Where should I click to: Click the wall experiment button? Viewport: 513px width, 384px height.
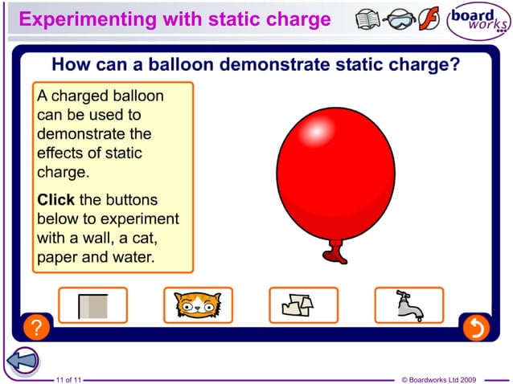click(92, 305)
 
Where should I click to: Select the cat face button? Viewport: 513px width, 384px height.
click(198, 305)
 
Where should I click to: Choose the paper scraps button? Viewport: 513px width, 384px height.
click(303, 305)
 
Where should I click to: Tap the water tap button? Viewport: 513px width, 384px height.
click(408, 305)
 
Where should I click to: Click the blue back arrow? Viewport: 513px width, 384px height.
click(23, 360)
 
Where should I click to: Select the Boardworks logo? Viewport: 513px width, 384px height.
click(478, 21)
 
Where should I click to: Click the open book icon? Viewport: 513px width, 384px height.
click(368, 18)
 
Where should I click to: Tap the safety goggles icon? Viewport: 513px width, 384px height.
click(399, 19)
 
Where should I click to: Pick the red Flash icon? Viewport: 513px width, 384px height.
click(429, 18)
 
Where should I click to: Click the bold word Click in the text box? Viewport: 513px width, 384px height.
click(56, 199)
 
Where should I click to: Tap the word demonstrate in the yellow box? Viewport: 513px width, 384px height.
click(83, 134)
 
